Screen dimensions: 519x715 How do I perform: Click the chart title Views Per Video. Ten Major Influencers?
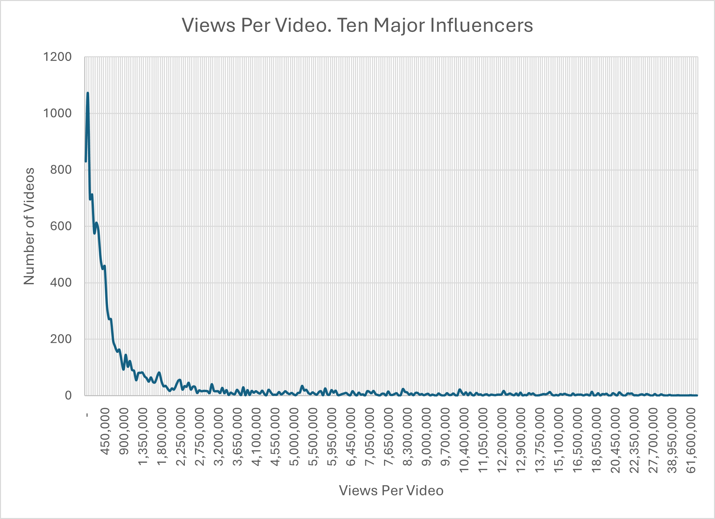pos(357,25)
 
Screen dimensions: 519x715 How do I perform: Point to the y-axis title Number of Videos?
pos(29,226)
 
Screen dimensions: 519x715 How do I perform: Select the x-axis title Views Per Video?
pos(391,491)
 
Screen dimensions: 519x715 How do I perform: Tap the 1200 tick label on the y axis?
pos(57,57)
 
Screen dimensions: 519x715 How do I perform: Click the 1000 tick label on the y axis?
pos(57,114)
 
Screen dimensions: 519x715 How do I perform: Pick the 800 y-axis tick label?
pos(61,170)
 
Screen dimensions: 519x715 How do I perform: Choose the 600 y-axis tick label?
pos(61,226)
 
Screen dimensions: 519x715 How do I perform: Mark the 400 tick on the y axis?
pos(61,283)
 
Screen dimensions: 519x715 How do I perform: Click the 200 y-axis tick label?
pos(61,339)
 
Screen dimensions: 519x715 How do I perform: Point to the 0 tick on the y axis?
pos(68,395)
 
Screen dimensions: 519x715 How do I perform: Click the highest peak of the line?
pos(88,93)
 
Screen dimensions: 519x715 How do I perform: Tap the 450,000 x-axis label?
pos(105,431)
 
